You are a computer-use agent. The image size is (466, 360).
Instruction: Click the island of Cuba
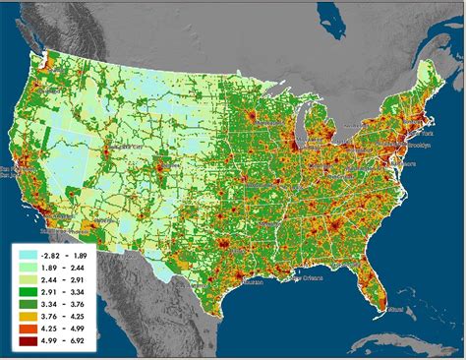(x=393, y=342)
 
